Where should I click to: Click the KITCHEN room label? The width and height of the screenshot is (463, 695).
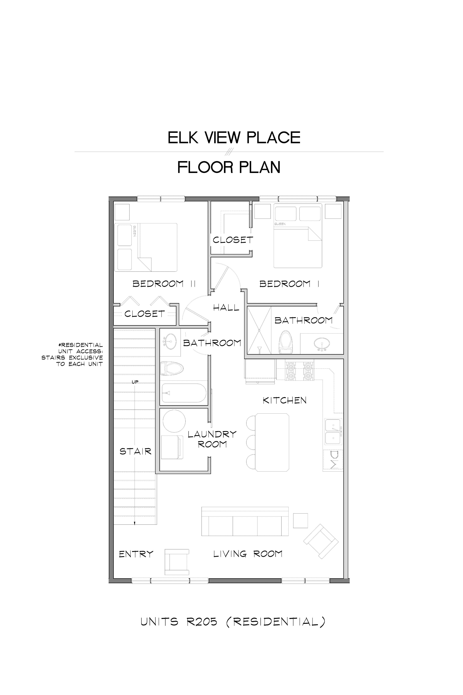(x=285, y=400)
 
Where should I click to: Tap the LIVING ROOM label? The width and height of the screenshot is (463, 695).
(x=248, y=554)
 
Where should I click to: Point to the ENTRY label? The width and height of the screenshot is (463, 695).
(x=136, y=554)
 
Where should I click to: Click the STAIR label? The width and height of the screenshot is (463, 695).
(x=136, y=451)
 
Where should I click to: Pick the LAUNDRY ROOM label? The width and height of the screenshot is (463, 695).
(x=212, y=439)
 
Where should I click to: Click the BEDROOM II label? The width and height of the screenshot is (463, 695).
(x=164, y=284)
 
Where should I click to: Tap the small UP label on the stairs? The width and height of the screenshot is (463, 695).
(x=135, y=382)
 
